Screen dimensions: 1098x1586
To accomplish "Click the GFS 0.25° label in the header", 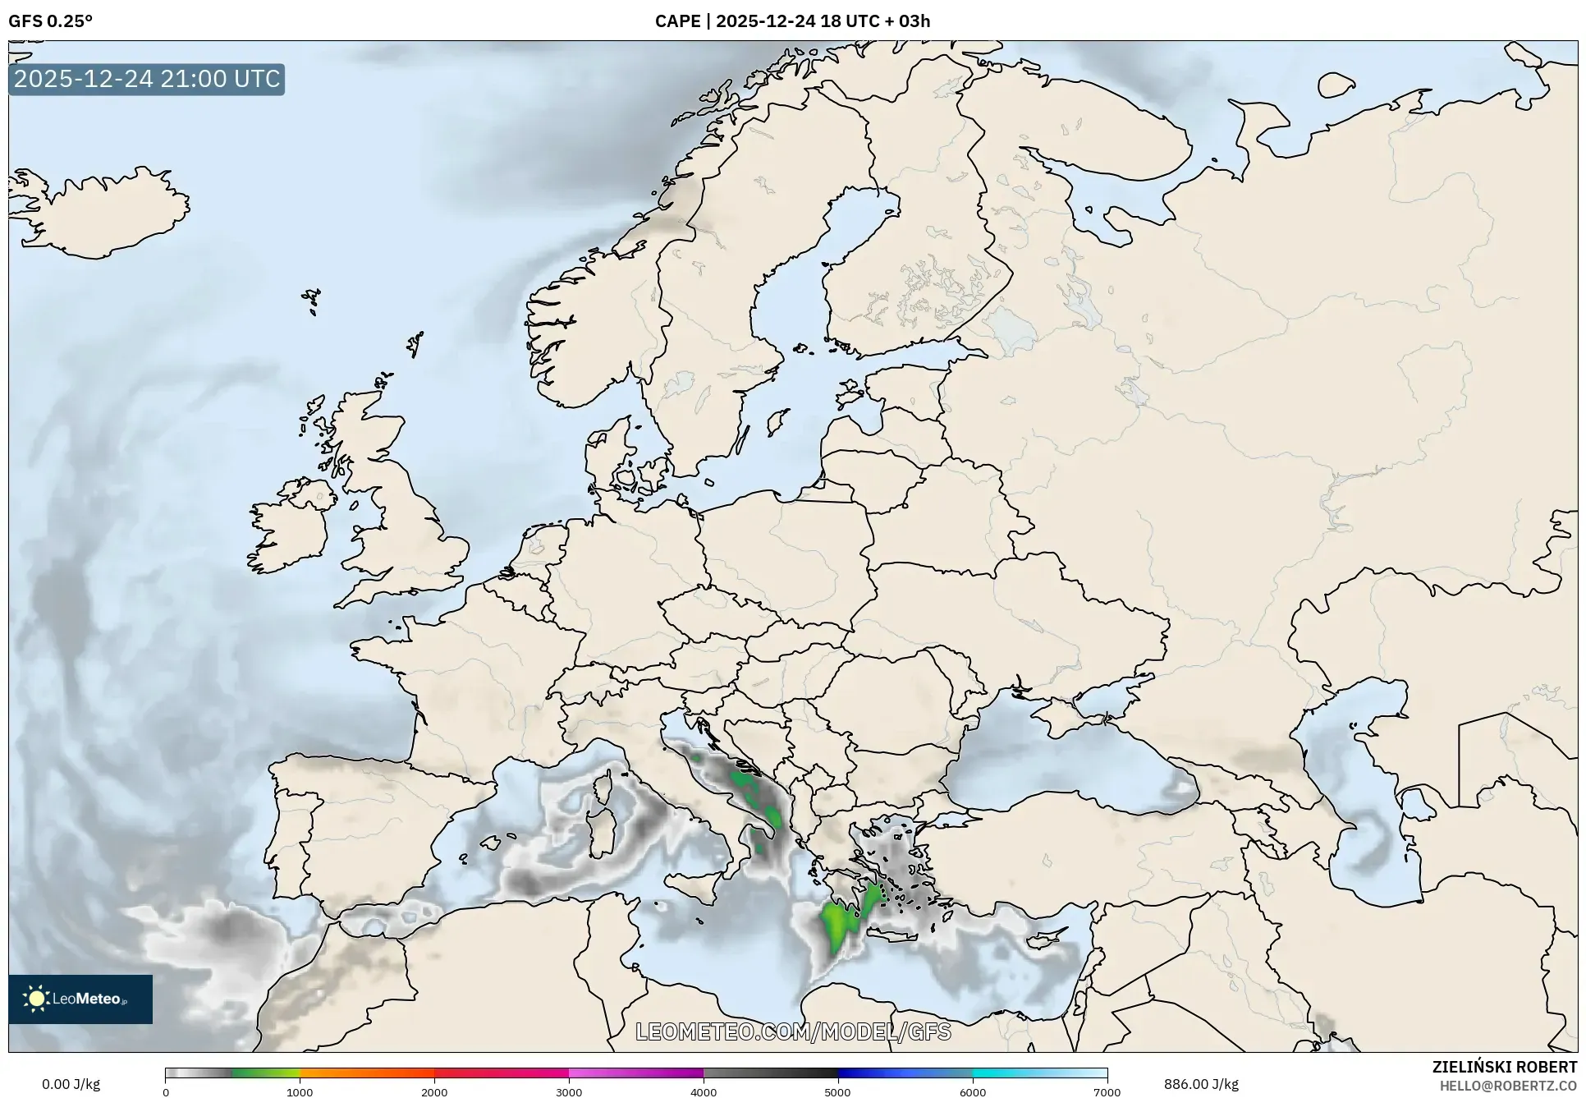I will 50,21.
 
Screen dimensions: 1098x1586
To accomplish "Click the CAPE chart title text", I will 792,21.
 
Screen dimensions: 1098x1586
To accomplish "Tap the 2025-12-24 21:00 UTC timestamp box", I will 147,80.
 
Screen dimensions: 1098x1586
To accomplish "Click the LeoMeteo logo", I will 80,999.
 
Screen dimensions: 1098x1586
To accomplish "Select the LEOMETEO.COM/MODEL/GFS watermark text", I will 793,1031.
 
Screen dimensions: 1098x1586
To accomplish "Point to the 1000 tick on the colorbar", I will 300,1092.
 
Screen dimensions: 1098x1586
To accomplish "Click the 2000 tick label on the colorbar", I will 434,1092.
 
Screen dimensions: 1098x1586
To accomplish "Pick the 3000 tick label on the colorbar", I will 569,1092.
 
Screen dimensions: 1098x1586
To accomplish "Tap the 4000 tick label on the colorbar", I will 704,1092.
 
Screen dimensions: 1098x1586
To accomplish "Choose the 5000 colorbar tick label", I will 837,1092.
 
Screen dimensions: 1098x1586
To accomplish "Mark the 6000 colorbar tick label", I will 972,1092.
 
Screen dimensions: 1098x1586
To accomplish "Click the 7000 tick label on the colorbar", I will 1107,1092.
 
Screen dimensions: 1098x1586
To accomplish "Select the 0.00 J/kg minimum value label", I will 71,1084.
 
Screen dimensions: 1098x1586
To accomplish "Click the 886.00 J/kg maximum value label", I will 1201,1084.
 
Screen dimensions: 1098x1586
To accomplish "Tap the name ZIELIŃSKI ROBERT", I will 1504,1067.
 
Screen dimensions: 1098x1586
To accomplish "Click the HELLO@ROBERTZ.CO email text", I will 1508,1086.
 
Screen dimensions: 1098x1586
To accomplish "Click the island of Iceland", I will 103,209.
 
